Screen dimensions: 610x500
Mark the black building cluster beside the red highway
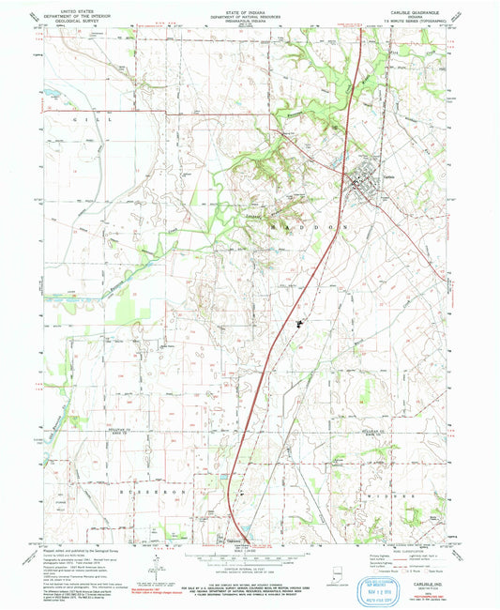tap(300, 326)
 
